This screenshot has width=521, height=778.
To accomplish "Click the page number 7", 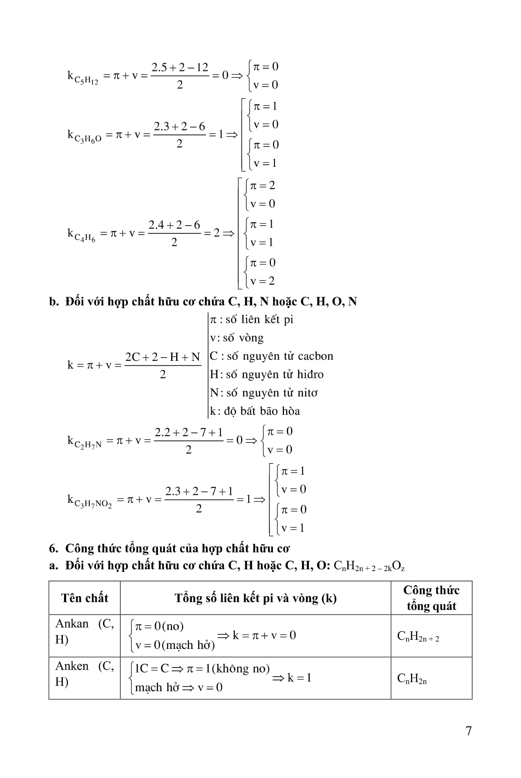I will pyautogui.click(x=468, y=731).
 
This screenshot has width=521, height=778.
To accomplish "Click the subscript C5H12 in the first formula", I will pyautogui.click(x=86, y=80).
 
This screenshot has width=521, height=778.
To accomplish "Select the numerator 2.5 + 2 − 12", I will pyautogui.click(x=180, y=67).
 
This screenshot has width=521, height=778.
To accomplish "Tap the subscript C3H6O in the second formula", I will pyautogui.click(x=88, y=139).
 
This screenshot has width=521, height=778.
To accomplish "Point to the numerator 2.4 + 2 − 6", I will pyautogui.click(x=174, y=225).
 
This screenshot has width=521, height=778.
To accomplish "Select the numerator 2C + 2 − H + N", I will pyautogui.click(x=163, y=357).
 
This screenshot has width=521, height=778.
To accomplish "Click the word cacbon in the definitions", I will pyautogui.click(x=315, y=356).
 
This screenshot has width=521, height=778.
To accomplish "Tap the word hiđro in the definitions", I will pyautogui.click(x=310, y=375).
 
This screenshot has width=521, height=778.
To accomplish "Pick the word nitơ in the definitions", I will pyautogui.click(x=307, y=393).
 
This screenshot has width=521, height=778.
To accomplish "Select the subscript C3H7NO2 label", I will pyautogui.click(x=93, y=504).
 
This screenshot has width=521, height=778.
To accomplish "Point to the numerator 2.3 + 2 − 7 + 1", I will pyautogui.click(x=199, y=492).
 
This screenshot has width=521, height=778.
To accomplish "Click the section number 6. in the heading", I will pyautogui.click(x=53, y=548).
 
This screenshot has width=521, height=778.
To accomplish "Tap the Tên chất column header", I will pyautogui.click(x=85, y=598).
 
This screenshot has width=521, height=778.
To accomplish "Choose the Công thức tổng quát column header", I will pyautogui.click(x=431, y=598).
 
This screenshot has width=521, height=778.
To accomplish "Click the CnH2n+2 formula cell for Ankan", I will pyautogui.click(x=418, y=636).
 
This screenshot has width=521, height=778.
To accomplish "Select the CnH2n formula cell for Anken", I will pyautogui.click(x=412, y=679).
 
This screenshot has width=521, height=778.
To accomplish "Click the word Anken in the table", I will pyautogui.click(x=72, y=666).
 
